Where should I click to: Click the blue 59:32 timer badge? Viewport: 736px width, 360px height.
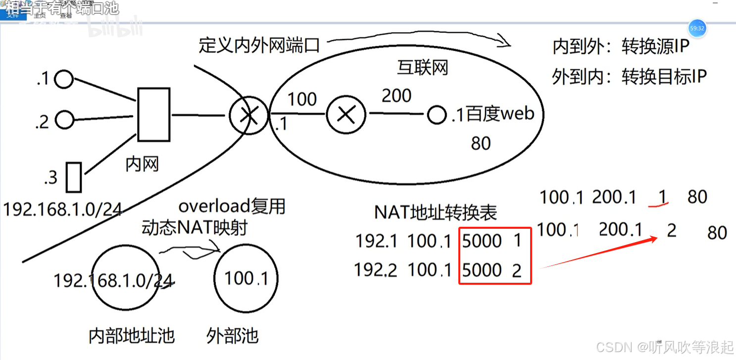697,29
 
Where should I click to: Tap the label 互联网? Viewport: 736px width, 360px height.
422,67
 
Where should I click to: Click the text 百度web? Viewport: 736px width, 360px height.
500,114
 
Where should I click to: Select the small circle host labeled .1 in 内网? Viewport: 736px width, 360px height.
64,79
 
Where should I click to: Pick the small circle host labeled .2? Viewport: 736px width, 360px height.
64,119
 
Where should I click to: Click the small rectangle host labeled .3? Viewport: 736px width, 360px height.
74,177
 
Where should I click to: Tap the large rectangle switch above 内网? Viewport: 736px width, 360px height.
153,114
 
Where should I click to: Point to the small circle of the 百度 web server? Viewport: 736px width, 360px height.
436,115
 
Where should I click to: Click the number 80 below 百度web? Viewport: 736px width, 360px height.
481,144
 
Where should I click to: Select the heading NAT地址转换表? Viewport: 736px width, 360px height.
436,212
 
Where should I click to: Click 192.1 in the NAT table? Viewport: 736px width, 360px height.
376,241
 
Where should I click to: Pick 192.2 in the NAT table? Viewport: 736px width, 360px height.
376,270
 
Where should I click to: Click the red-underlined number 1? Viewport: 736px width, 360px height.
662,197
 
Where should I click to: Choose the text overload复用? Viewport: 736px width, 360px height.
232,206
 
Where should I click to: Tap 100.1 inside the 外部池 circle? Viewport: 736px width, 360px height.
246,278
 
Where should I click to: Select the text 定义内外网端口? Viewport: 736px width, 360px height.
259,46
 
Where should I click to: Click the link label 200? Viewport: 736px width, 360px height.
396,96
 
